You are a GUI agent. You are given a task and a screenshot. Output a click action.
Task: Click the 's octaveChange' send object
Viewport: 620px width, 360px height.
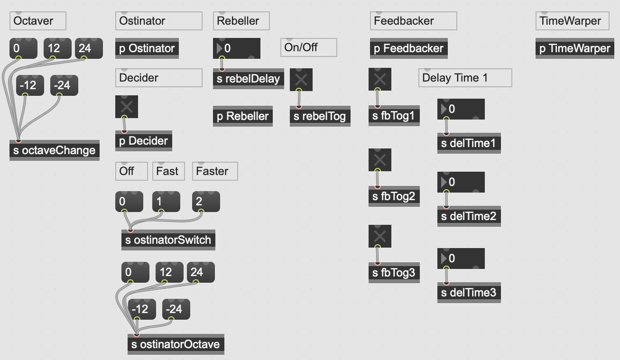coord(55,150)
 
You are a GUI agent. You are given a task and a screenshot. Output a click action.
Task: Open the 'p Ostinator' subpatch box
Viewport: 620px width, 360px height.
coord(147,48)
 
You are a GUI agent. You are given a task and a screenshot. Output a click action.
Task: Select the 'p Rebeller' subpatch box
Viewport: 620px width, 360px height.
coord(243,116)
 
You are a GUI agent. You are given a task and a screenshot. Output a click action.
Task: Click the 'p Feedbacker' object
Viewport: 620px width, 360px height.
coord(408,48)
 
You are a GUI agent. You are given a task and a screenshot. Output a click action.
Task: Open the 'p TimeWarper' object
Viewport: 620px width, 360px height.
coord(574,48)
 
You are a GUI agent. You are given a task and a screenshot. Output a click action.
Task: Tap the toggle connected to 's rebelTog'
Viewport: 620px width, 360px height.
coord(301,80)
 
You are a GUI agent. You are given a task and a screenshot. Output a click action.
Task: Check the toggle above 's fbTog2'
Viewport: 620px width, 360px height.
coord(380,160)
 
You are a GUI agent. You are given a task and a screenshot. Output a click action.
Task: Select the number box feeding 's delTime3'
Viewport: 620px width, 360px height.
coord(461,258)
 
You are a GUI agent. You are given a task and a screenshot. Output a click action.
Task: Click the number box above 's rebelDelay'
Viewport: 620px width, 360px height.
coord(236,48)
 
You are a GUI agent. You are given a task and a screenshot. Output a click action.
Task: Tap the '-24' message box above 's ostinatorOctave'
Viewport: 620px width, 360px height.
coord(176,309)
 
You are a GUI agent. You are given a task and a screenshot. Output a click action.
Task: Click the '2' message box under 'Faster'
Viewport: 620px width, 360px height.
coord(206,202)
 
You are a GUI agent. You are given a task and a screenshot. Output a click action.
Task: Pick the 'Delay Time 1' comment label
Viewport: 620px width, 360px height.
coord(465,78)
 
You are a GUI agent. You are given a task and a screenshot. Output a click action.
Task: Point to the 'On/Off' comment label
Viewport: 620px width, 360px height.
coord(308,47)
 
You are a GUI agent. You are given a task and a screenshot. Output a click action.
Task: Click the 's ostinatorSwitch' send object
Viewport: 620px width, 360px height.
coord(168,240)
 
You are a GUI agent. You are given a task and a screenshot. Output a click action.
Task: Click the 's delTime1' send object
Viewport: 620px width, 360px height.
coord(469,143)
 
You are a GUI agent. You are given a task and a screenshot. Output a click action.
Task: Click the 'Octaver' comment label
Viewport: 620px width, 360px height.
coord(37,21)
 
